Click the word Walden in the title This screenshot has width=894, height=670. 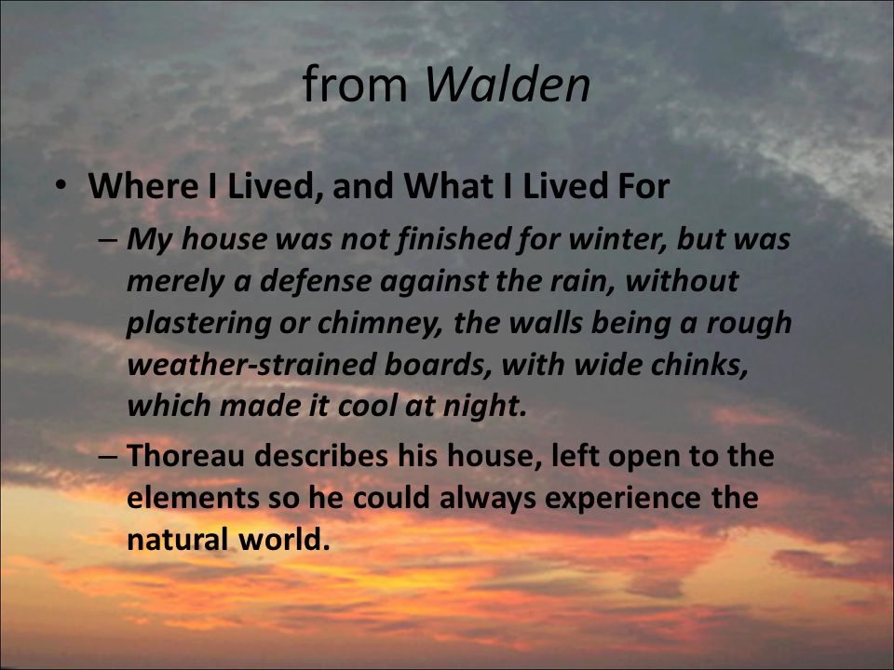click(508, 85)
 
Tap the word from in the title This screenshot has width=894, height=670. click(355, 84)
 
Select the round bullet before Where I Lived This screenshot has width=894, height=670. click(61, 186)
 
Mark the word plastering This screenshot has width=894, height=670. click(198, 324)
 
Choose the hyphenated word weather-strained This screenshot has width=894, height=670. click(251, 365)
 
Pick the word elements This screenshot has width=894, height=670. click(193, 497)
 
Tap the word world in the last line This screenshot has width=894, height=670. click(284, 539)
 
